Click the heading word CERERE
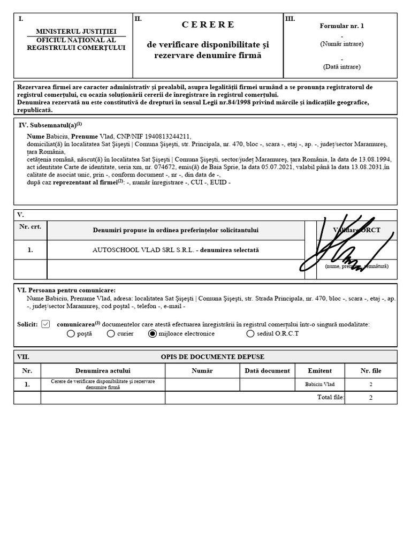pyautogui.click(x=208, y=24)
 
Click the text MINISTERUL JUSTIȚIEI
pyautogui.click(x=76, y=32)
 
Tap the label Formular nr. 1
pyautogui.click(x=341, y=25)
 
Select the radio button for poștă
pyautogui.click(x=71, y=334)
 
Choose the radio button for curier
pyautogui.click(x=111, y=334)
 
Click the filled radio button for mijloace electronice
pyautogui.click(x=153, y=334)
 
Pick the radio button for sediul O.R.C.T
pyautogui.click(x=250, y=334)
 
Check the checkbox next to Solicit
pyautogui.click(x=45, y=324)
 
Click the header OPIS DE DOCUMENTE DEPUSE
pyautogui.click(x=212, y=357)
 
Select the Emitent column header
pyautogui.click(x=319, y=370)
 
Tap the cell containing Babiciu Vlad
pyautogui.click(x=319, y=384)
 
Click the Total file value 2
pyautogui.click(x=370, y=398)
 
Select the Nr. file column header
pyautogui.click(x=370, y=370)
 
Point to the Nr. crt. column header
pyautogui.click(x=31, y=226)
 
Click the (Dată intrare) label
pyautogui.click(x=341, y=67)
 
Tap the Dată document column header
pyautogui.click(x=267, y=370)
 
